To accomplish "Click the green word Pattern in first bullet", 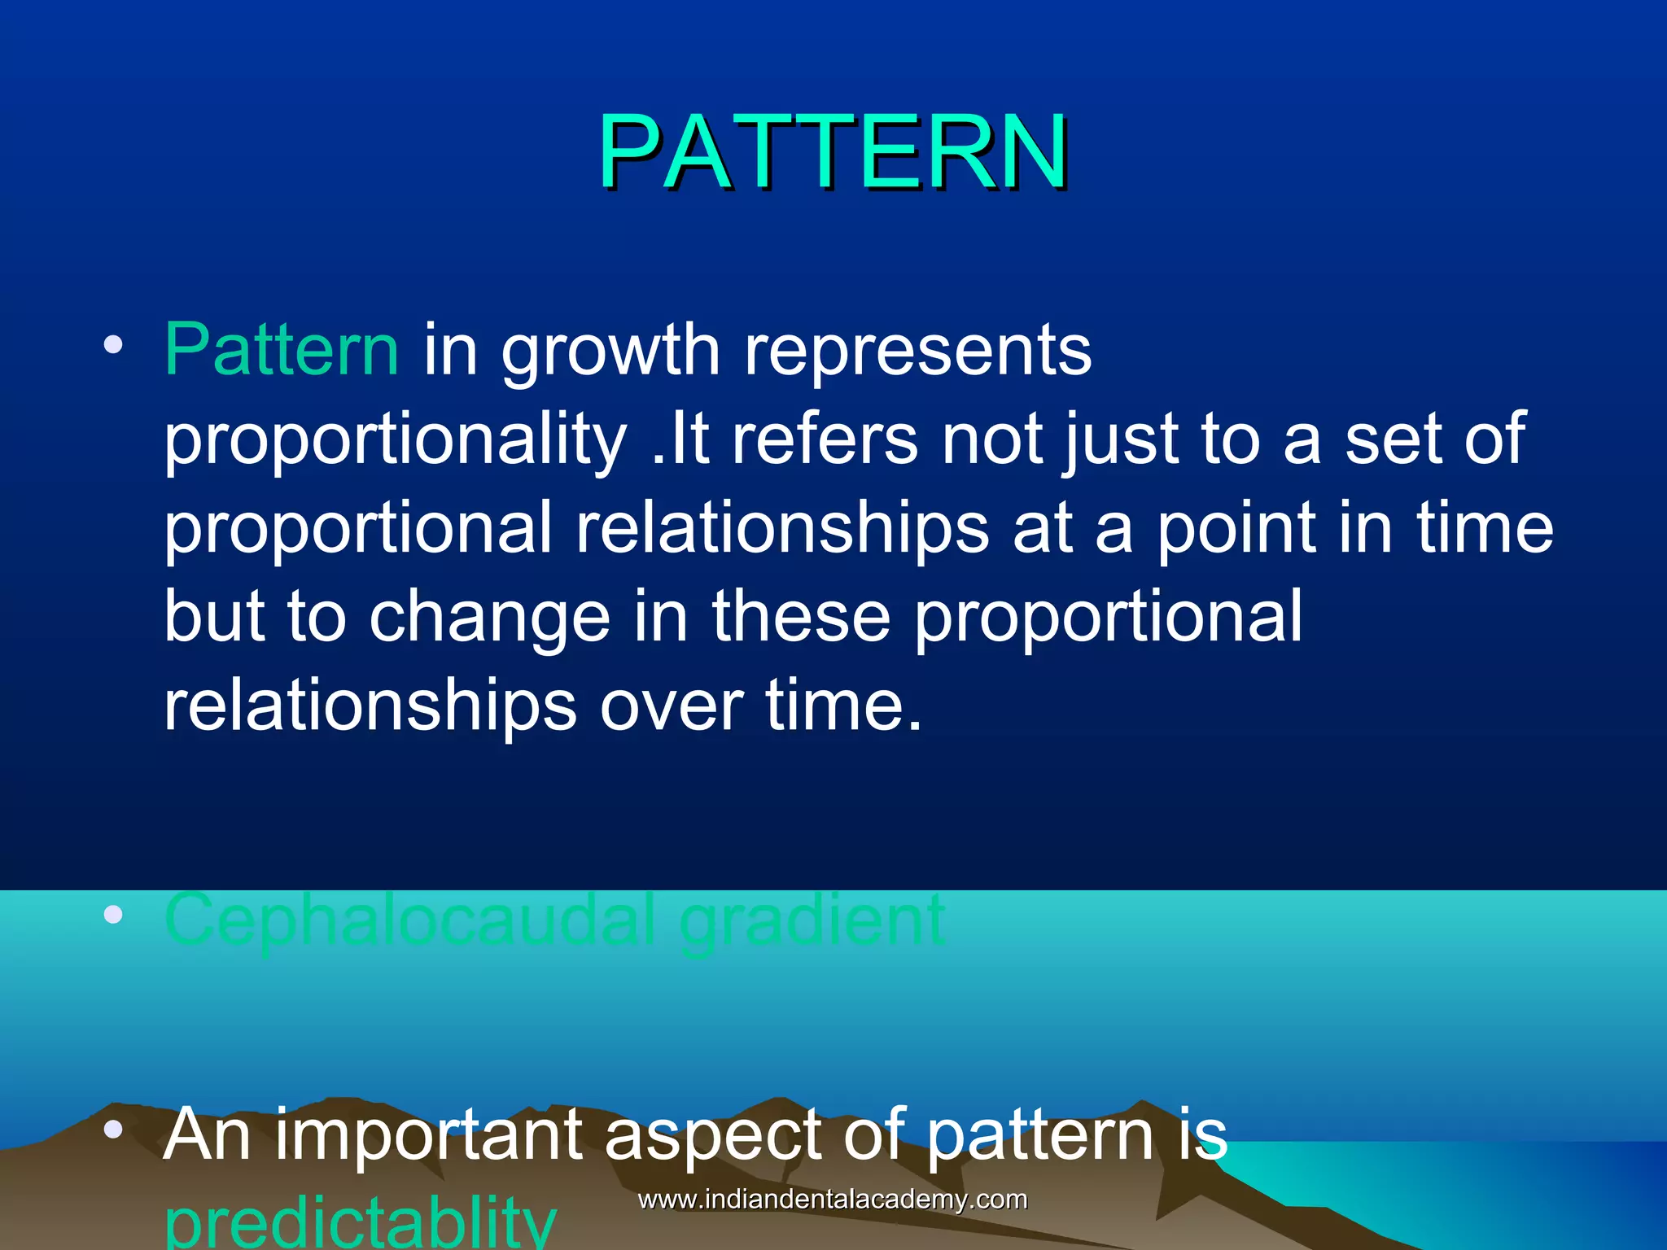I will [282, 350].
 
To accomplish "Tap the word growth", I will [610, 352].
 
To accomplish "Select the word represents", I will [917, 352].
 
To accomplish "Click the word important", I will [428, 1137].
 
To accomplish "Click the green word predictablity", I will [361, 1225].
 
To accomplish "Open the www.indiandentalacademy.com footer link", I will [833, 1200].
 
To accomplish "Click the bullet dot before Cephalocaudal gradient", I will [113, 916].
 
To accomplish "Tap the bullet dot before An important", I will [113, 1129].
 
